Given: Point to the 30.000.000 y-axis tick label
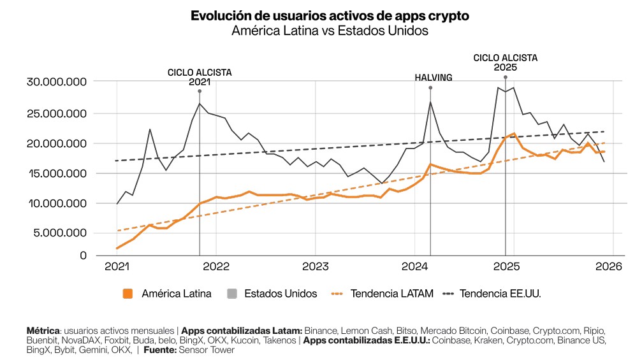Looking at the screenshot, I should coord(57,82).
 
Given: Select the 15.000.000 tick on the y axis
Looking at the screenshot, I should coord(57,173).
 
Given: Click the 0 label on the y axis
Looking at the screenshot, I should coord(83,256).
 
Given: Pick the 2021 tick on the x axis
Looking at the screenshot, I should coord(117,266).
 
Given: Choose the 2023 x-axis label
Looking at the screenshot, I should coord(314,266).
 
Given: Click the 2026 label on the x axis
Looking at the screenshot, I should coord(605,266).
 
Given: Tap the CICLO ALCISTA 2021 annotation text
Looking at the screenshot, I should coord(200,77).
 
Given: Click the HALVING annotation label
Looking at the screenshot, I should coord(434,78).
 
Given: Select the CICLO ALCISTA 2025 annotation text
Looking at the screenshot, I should coord(505,62).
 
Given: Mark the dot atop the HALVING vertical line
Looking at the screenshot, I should coord(430,88).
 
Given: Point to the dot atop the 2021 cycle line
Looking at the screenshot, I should coord(200,91).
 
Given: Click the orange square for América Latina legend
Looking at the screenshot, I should coord(128,294).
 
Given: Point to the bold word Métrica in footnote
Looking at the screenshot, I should coord(43,331).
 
